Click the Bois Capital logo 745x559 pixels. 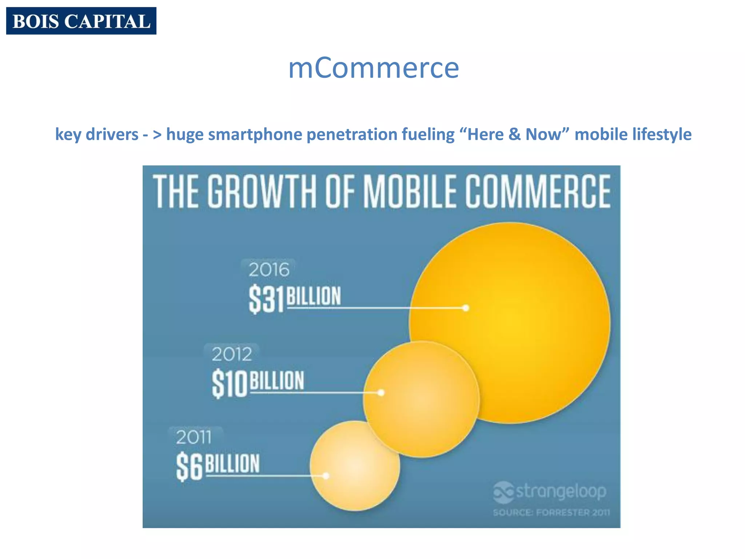[81, 21]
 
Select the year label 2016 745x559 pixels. [269, 270]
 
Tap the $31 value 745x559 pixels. [266, 299]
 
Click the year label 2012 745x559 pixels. [232, 354]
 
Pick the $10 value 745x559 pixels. [229, 384]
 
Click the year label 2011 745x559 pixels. [194, 437]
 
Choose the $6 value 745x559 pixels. [189, 467]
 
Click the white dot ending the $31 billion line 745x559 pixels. [466, 308]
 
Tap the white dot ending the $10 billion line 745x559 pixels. [381, 393]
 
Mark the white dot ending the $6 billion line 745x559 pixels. [326, 476]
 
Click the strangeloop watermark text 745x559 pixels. [561, 491]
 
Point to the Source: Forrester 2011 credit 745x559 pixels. [551, 512]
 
